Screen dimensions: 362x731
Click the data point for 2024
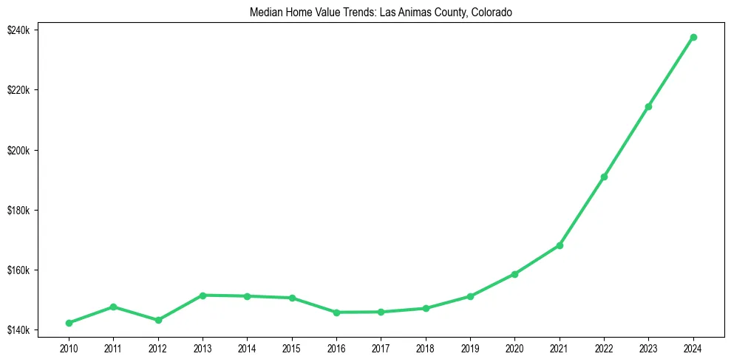[x=693, y=37]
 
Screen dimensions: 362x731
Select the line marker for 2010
[x=69, y=323]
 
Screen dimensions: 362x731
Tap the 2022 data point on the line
[x=604, y=177]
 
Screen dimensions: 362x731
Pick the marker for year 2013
[x=202, y=296]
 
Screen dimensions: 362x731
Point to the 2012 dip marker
[x=158, y=320]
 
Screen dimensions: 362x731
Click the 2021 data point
[x=560, y=245]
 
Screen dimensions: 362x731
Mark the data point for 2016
[x=336, y=313]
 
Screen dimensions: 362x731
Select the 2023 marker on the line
[x=648, y=106]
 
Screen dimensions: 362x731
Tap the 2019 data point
[x=470, y=296]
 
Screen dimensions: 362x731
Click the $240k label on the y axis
[x=18, y=30]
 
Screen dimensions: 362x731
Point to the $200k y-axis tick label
[x=18, y=151]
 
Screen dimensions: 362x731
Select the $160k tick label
[x=18, y=270]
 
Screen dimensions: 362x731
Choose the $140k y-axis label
[x=18, y=330]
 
